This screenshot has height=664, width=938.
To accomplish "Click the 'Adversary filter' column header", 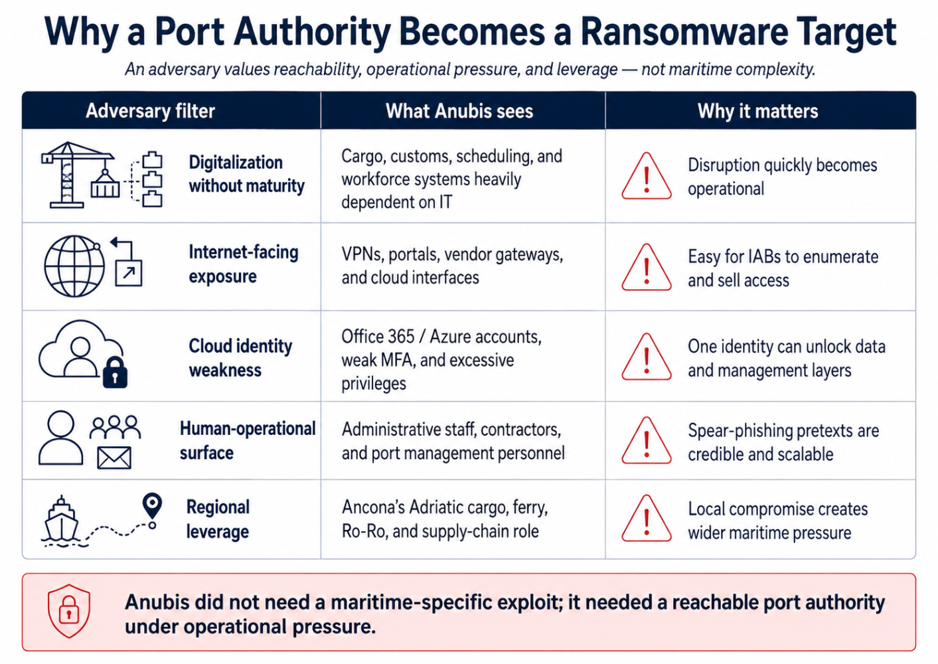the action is click(150, 111).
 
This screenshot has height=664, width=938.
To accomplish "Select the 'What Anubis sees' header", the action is click(459, 111).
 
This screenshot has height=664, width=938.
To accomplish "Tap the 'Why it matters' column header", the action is click(757, 111).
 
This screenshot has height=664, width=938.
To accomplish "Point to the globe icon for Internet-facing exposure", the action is click(74, 266).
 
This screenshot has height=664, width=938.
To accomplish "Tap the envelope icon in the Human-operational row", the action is click(114, 457).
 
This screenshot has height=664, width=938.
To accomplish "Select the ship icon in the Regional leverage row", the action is click(62, 521).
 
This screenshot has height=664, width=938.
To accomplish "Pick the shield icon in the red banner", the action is click(69, 612).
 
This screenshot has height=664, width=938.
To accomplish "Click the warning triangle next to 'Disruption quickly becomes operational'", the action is click(646, 176).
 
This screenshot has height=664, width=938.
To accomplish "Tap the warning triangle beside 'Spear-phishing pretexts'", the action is click(646, 440).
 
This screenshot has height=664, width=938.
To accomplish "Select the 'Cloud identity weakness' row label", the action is click(240, 358).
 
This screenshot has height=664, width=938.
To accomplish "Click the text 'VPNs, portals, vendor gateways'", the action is click(452, 254).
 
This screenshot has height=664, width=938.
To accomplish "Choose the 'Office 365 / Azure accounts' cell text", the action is click(441, 337).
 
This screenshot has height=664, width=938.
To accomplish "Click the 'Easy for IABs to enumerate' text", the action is click(783, 256).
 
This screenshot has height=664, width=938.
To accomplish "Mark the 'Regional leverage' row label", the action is click(218, 519).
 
